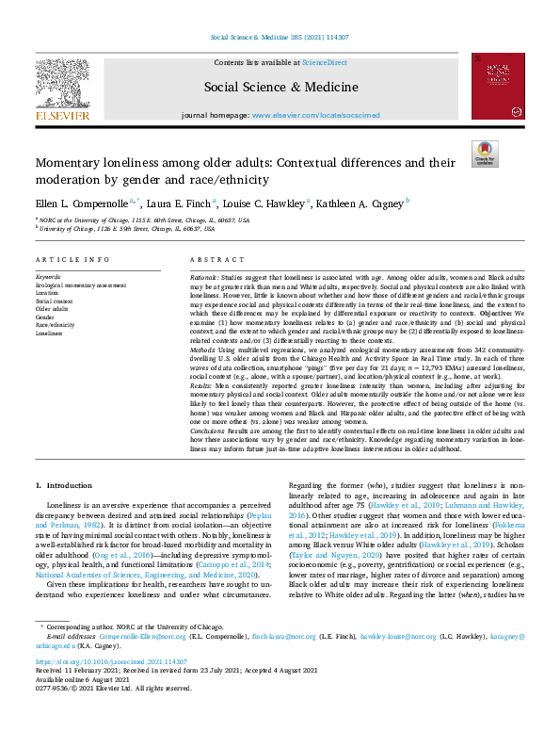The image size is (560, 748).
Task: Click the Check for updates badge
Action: point(485,154)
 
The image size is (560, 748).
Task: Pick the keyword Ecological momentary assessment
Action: point(80,285)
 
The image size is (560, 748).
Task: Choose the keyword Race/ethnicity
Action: point(56,326)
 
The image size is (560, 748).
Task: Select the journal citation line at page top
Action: point(280,40)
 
